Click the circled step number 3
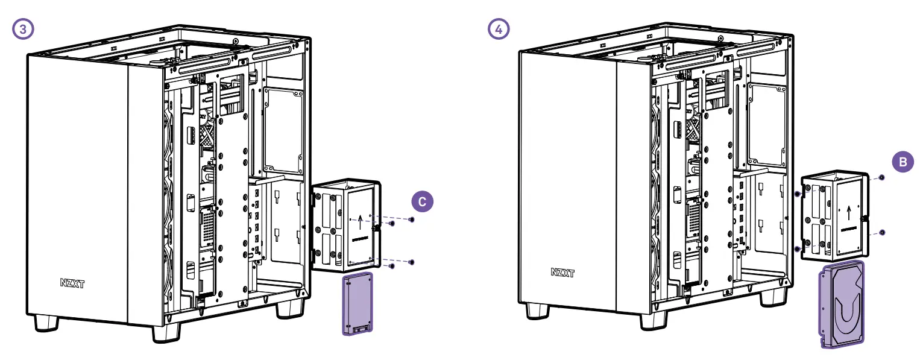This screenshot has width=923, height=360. click(x=23, y=29)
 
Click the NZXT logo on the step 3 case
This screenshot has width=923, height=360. click(x=72, y=283)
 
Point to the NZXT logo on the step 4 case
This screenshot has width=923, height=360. click(x=562, y=273)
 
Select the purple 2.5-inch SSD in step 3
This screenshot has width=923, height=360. click(x=358, y=304)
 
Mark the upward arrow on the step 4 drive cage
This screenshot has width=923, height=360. click(x=849, y=212)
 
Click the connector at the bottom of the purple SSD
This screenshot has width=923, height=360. click(x=360, y=329)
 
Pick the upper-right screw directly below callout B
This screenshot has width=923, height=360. click(x=882, y=178)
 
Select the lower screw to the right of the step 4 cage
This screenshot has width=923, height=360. click(x=882, y=232)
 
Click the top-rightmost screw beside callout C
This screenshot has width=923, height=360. click(x=411, y=219)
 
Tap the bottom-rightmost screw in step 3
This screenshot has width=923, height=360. click(x=411, y=262)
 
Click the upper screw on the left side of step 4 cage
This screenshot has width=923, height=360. click(x=798, y=194)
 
